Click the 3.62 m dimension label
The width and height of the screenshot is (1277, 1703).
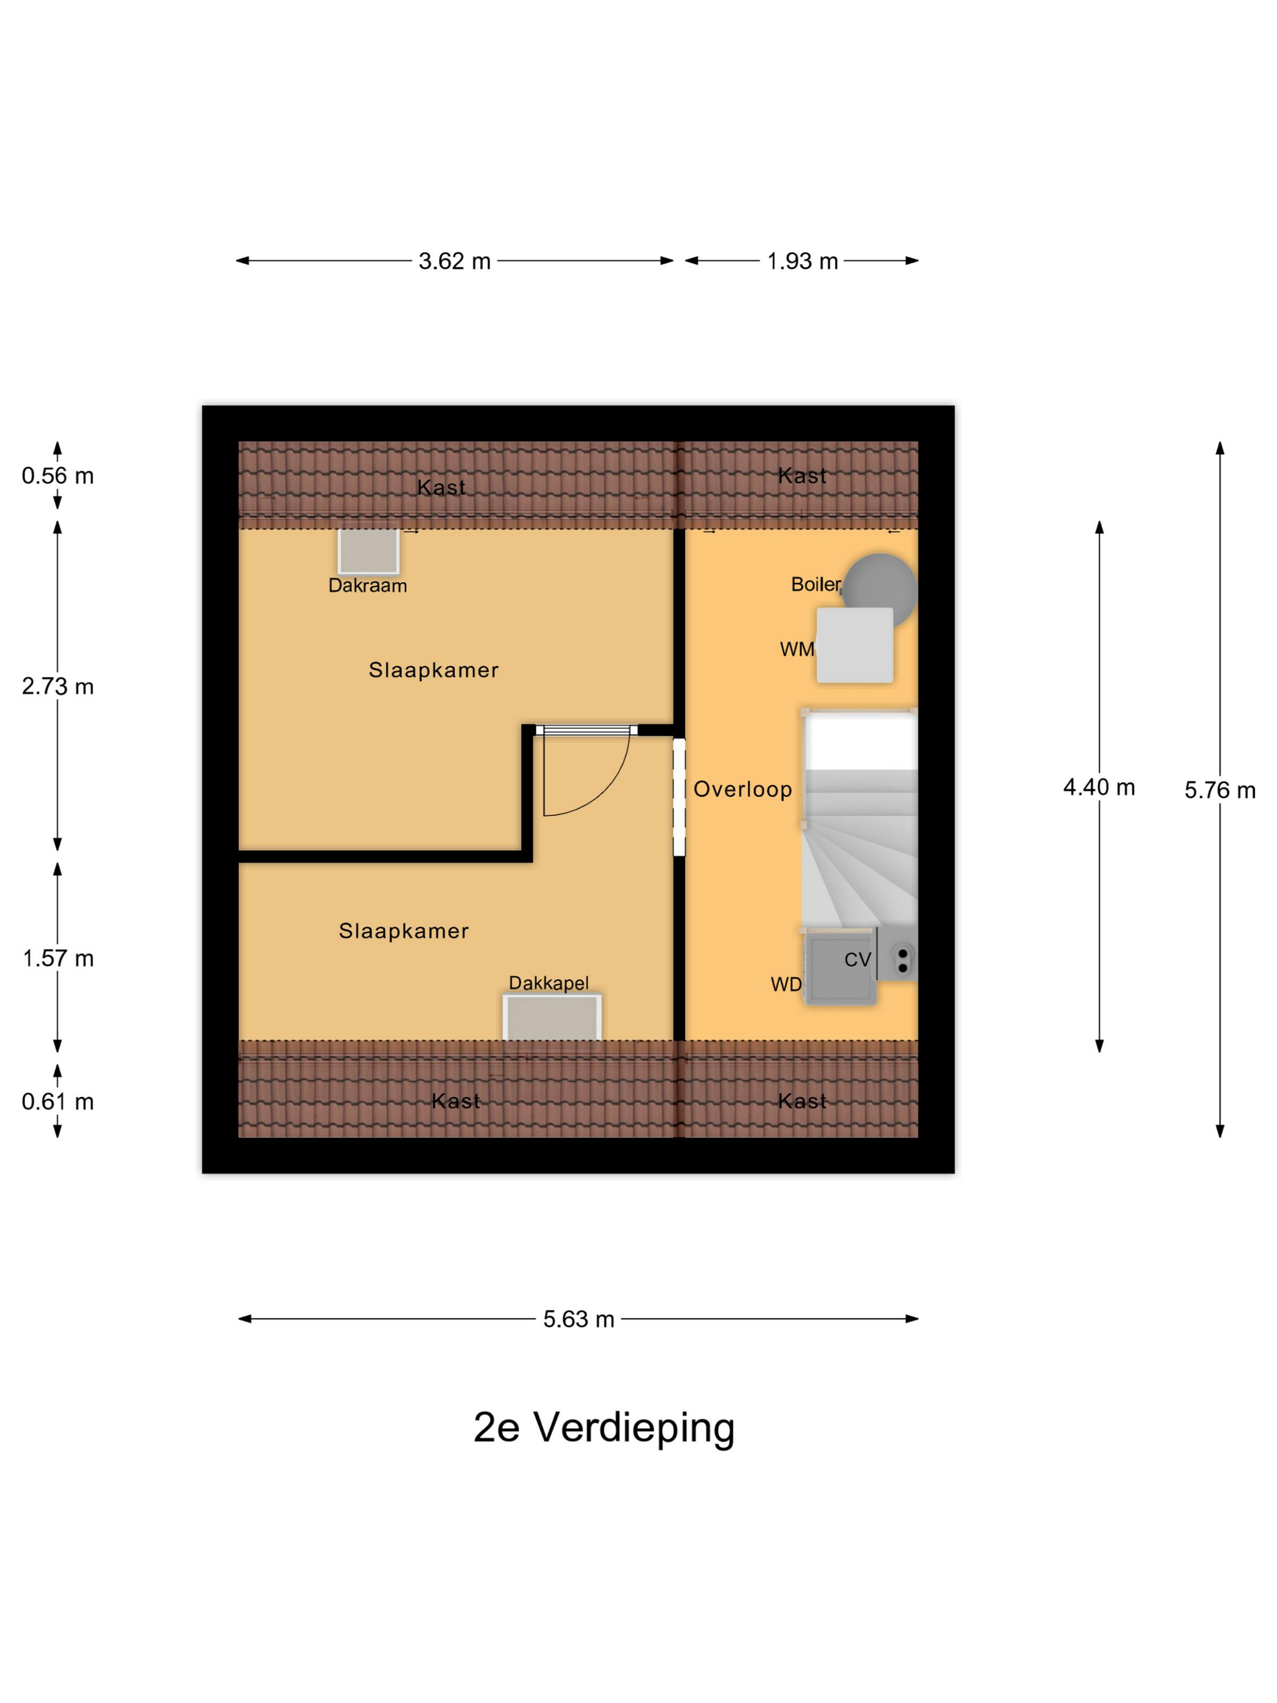tap(454, 261)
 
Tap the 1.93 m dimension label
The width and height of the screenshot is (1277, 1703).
tap(802, 261)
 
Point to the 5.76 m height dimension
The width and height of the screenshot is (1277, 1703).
tap(1219, 790)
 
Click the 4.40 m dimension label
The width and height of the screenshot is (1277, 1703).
tap(1098, 787)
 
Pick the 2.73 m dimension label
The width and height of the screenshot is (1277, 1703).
tap(58, 686)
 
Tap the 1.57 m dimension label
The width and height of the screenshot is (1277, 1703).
tap(58, 958)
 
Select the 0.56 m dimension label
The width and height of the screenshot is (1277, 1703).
tap(58, 476)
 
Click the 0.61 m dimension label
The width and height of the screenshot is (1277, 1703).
tap(58, 1101)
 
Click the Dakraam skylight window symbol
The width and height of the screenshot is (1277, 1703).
tap(369, 550)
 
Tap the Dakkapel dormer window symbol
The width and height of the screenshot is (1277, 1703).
tap(552, 1017)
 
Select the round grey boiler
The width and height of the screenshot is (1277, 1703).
tap(880, 589)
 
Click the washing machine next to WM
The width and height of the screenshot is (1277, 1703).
tap(854, 645)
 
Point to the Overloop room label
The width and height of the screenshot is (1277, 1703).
tap(743, 789)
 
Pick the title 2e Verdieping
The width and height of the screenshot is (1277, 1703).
tap(604, 1428)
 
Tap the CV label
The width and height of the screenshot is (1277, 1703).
tap(857, 959)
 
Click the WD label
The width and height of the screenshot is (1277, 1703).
tap(786, 984)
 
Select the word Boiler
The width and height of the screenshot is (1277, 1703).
tap(816, 584)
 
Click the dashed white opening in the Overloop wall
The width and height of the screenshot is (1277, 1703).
tap(679, 797)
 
